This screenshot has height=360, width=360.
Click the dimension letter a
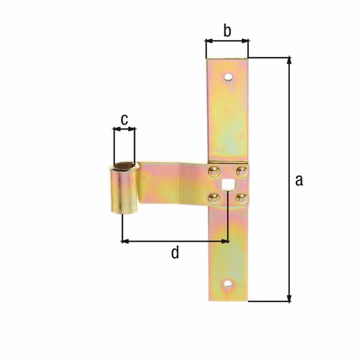(299, 180)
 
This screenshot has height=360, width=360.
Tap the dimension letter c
(124, 120)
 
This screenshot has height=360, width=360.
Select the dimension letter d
(175, 253)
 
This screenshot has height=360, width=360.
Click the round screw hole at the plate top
(228, 77)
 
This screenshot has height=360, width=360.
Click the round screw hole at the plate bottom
(227, 284)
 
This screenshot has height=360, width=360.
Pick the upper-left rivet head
(214, 171)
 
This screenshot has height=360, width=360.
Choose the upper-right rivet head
(242, 171)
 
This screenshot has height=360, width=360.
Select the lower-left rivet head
(214, 199)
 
